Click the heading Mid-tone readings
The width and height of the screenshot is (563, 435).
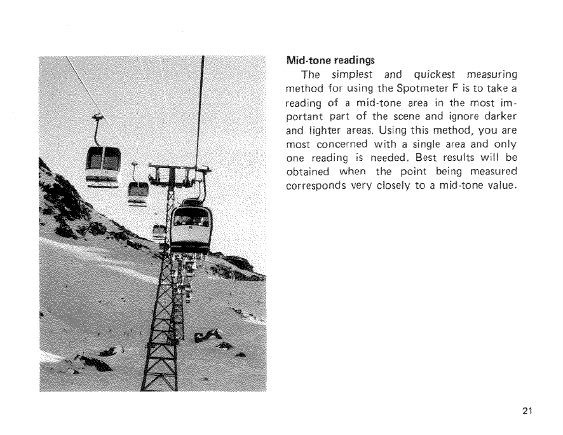point(331,61)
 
